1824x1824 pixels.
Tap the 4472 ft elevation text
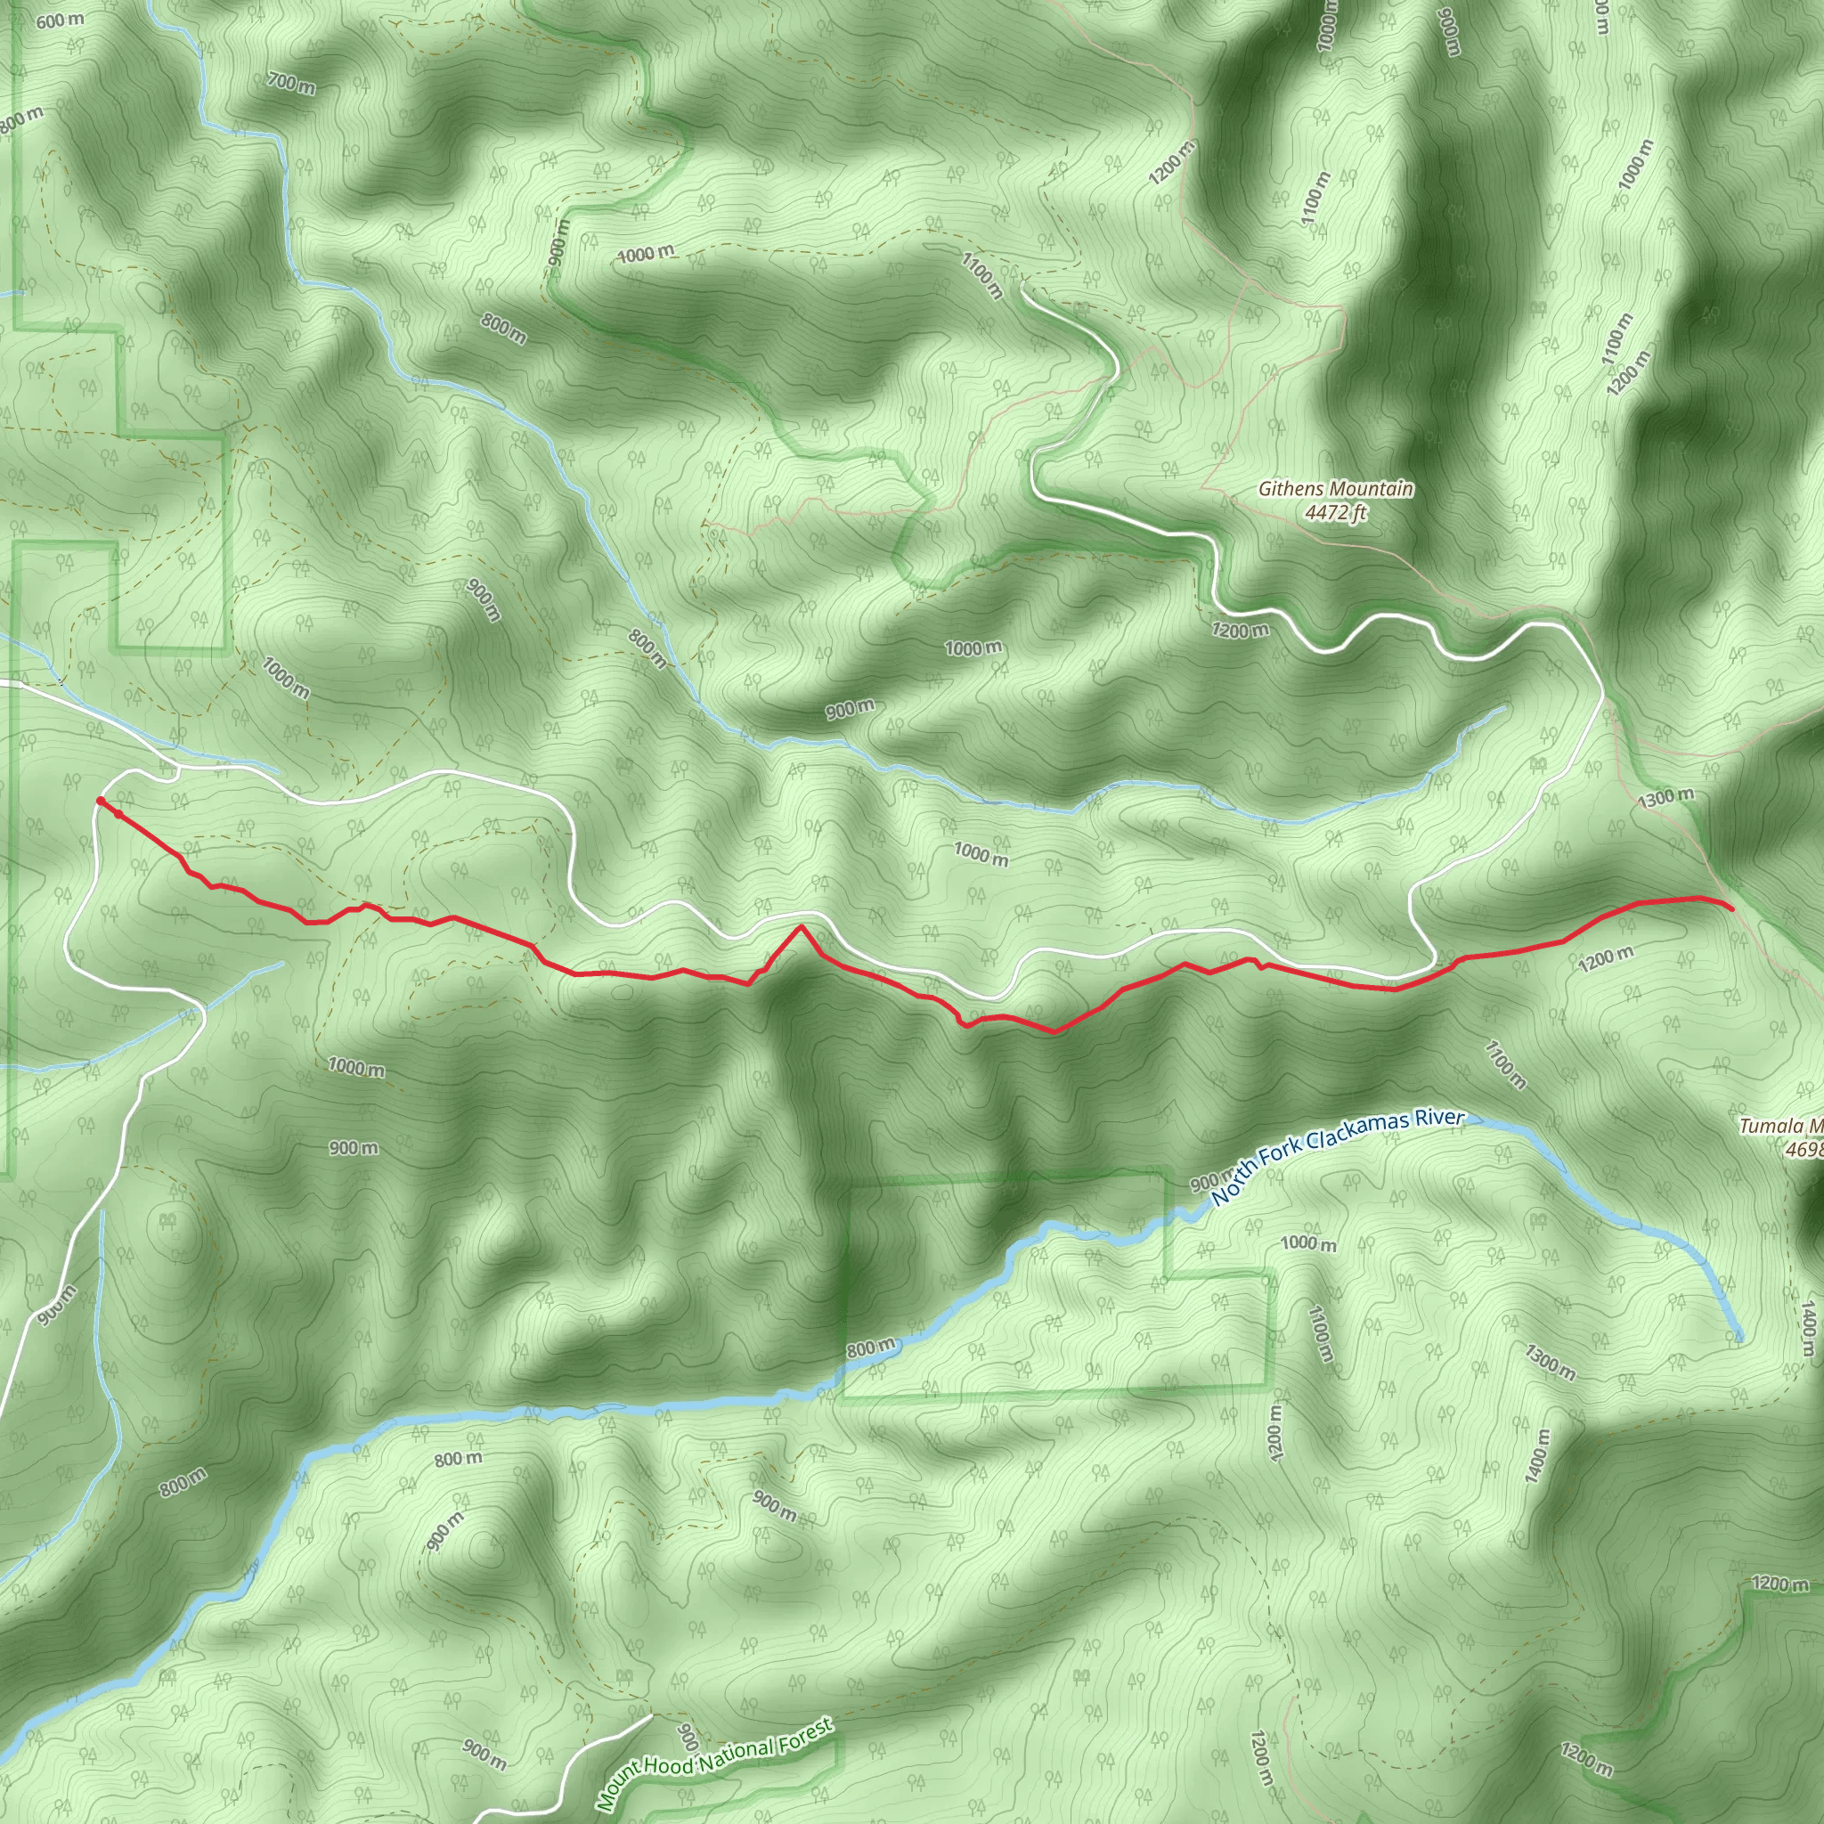pos(1335,514)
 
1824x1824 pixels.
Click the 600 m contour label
pos(61,19)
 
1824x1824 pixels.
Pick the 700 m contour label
pos(290,84)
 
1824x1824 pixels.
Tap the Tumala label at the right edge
pos(1770,1127)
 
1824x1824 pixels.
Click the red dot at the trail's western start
pos(100,802)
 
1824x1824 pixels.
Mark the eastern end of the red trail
pos(1732,909)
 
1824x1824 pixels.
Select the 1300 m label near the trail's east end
pos(1666,798)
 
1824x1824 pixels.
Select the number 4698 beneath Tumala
pos(1804,1150)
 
